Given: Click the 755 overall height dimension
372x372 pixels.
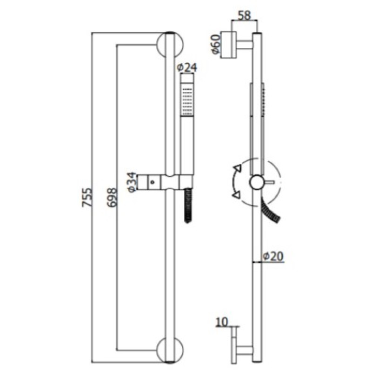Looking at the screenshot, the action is [87, 197].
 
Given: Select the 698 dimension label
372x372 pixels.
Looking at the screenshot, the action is [113, 198].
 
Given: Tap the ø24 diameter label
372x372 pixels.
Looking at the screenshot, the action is [187, 67].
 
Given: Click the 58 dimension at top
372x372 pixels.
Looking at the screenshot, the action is [244, 15].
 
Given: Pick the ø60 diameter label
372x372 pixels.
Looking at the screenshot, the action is [216, 44].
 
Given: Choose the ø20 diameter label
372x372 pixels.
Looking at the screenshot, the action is [273, 256].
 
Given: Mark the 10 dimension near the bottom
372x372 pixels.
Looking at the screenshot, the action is [222, 322].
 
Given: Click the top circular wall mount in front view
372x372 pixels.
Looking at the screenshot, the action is [170, 44].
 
